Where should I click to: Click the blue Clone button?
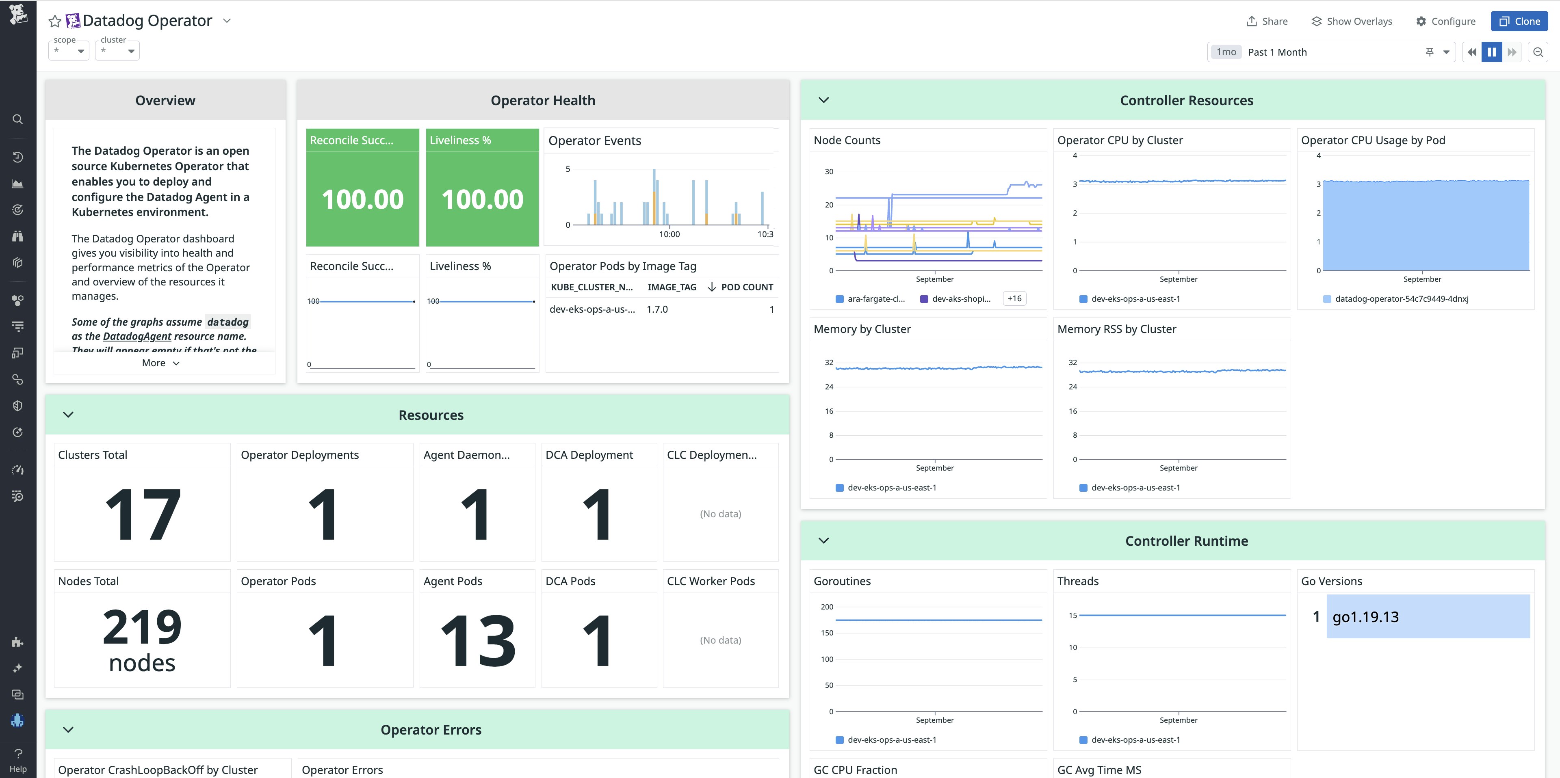tap(1519, 21)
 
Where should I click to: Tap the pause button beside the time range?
tap(1492, 52)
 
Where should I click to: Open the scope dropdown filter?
tap(69, 51)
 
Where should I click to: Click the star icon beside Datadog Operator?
tap(54, 21)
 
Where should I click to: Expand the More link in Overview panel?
tap(160, 363)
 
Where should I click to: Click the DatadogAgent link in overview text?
tap(137, 336)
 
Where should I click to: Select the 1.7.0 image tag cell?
tap(657, 309)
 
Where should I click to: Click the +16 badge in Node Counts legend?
tap(1014, 298)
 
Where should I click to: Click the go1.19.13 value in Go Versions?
tap(1365, 616)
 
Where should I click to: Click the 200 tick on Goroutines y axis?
tap(827, 607)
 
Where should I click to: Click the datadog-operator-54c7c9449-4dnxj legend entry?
tap(1401, 298)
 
